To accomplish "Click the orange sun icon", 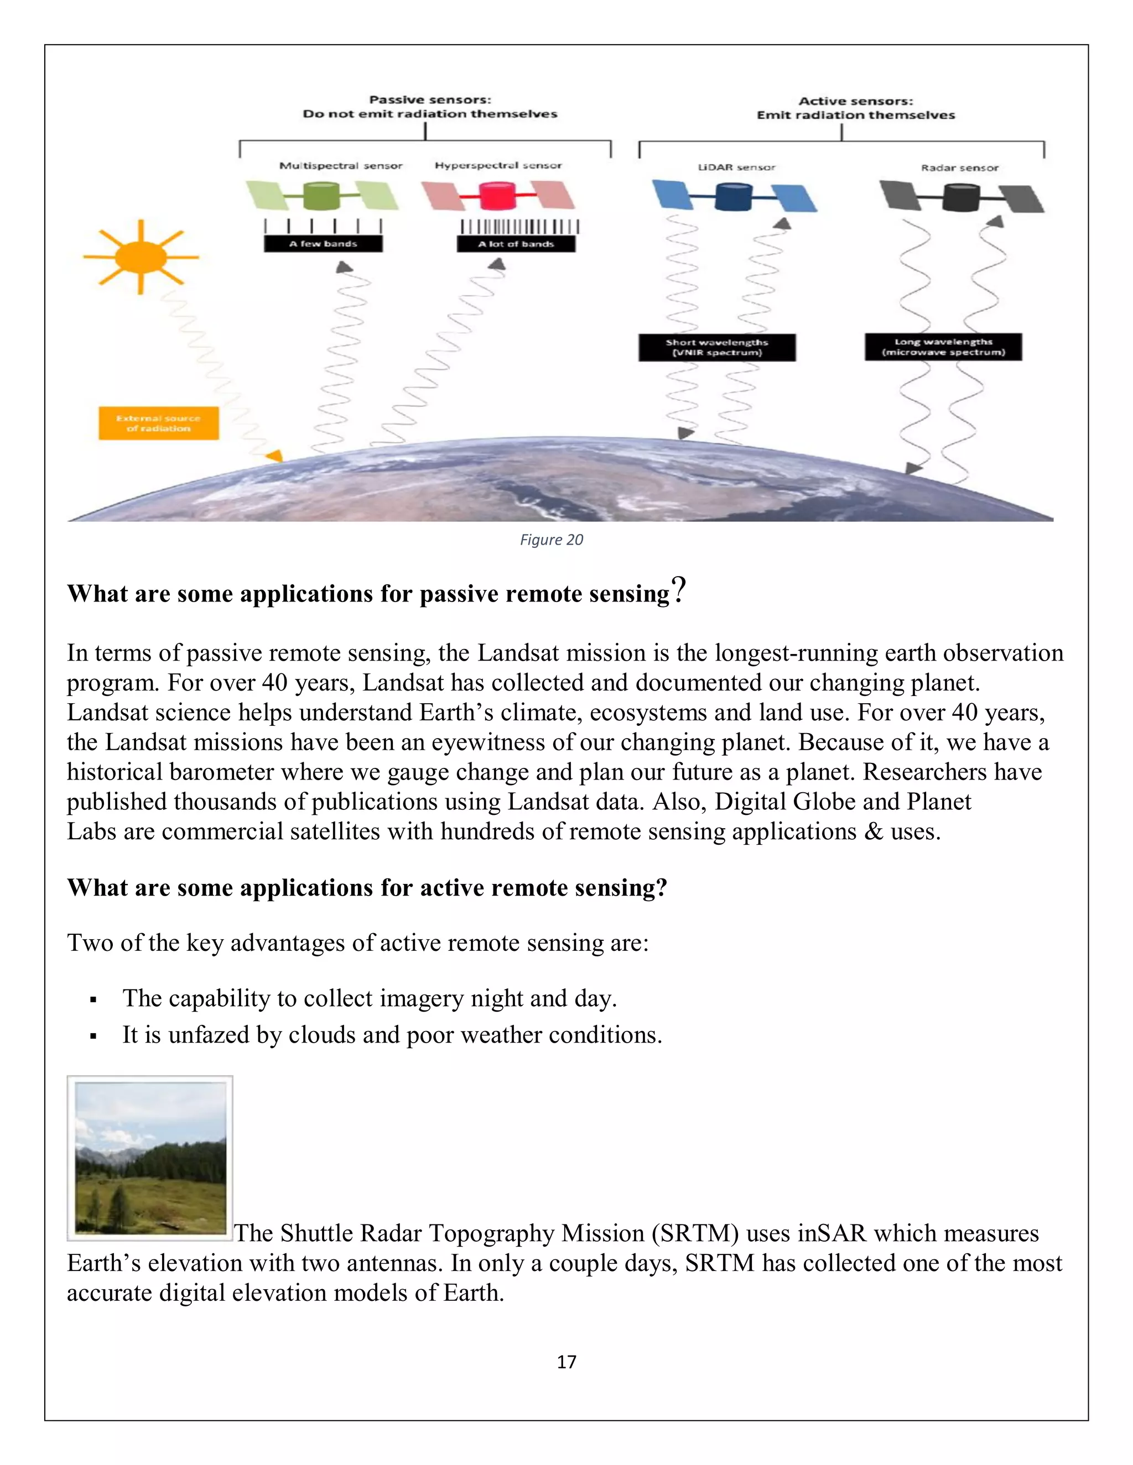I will tap(141, 257).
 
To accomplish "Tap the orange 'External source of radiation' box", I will tap(158, 423).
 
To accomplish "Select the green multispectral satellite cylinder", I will tap(322, 196).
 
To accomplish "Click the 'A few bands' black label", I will tap(323, 243).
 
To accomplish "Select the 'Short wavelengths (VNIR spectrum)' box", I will tap(717, 348).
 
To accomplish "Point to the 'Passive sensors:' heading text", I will tap(430, 100).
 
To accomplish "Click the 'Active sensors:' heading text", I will tap(856, 101).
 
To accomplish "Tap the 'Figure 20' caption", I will tap(551, 540).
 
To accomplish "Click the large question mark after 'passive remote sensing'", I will tap(679, 590).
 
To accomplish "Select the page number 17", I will tap(566, 1362).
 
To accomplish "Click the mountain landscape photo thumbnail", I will tap(150, 1158).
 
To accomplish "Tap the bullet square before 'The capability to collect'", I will tap(93, 1000).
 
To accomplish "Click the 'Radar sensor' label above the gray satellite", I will tap(959, 168).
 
